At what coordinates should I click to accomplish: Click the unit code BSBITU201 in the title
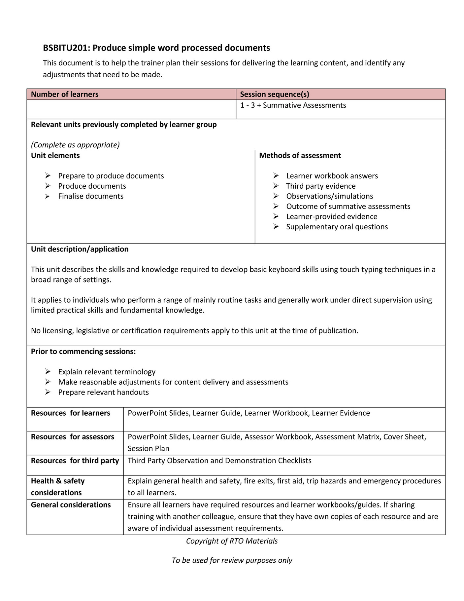66,48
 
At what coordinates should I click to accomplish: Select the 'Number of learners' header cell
65,94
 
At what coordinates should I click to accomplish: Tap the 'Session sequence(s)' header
274,94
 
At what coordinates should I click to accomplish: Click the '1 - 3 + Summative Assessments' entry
293,105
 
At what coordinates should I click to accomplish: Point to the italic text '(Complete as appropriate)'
75,145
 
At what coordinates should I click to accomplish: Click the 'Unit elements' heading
55,155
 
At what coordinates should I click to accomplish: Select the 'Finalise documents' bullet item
91,196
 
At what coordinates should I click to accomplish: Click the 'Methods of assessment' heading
300,155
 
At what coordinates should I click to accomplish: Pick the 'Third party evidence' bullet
321,186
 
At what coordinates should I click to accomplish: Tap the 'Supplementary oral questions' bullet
337,227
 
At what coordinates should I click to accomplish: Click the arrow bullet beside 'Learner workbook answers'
276,176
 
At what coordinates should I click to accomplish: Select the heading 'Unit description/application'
80,249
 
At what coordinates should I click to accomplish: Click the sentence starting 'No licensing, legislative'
194,330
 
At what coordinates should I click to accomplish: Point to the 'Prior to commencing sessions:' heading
83,351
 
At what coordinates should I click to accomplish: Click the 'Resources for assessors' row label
72,437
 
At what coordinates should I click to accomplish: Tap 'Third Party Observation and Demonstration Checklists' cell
219,461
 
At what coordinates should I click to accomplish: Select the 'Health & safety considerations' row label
58,487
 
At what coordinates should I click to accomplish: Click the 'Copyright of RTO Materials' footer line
232,541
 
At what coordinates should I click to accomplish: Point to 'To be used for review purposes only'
232,560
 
